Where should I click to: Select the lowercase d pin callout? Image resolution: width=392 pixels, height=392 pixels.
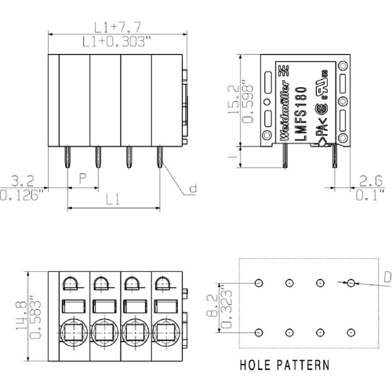coord(193,189)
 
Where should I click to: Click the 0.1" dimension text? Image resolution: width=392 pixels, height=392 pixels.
coord(369,194)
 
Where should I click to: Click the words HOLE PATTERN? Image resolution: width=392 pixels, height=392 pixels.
coord(285,366)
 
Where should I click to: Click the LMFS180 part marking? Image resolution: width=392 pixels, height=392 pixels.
coord(302,112)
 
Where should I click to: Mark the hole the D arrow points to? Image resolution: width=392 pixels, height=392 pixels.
coord(350,281)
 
